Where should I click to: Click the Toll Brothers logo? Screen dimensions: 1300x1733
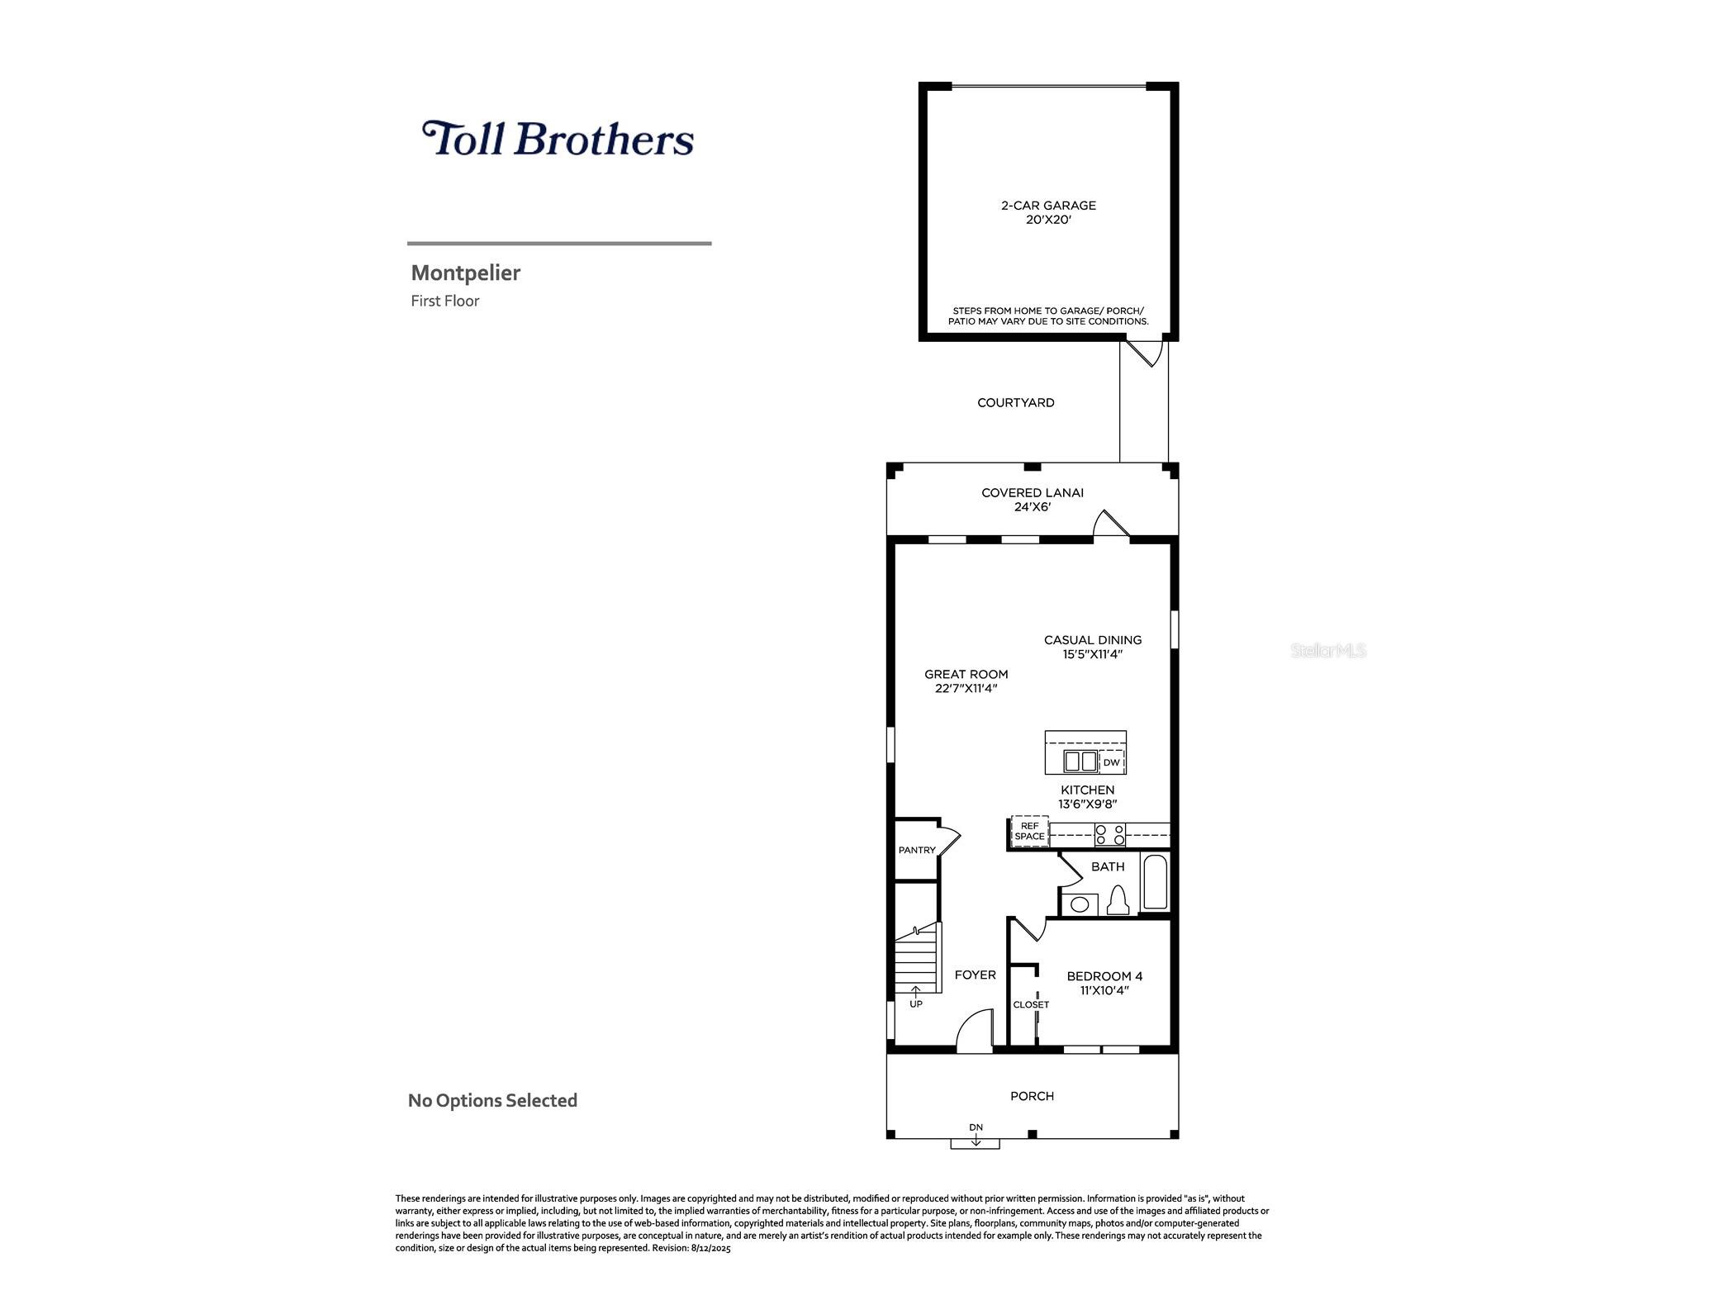click(558, 139)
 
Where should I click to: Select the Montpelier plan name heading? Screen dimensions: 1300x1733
click(466, 273)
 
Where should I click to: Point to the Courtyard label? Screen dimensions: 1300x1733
click(1015, 403)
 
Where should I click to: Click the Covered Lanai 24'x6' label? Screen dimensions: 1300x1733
click(1032, 500)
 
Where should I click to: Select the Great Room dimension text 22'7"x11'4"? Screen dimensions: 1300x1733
click(966, 689)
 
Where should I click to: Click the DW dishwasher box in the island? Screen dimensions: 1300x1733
click(1111, 762)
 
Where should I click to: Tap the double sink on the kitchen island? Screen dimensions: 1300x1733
click(1080, 761)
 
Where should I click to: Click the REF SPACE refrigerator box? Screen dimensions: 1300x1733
click(1029, 832)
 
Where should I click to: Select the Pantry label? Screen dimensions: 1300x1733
click(917, 851)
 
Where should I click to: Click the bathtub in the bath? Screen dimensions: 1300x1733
click(1154, 884)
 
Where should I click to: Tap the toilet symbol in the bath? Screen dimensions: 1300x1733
click(1118, 900)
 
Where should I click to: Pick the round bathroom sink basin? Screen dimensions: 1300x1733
click(1079, 904)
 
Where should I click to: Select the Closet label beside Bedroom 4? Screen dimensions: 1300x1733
click(1031, 1005)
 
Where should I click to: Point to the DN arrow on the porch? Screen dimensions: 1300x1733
click(976, 1138)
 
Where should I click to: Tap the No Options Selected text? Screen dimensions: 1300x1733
click(492, 1101)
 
